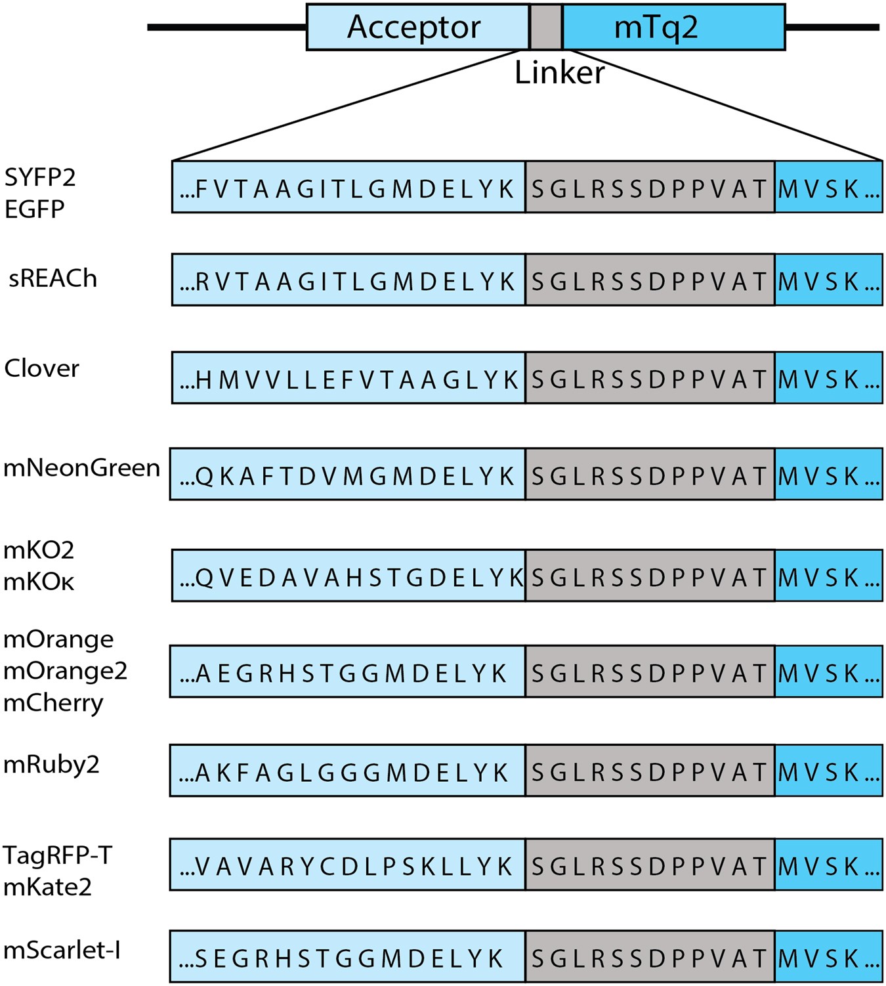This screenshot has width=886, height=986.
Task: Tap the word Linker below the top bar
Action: tap(559, 72)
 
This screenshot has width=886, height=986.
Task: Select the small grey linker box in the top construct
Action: tap(545, 28)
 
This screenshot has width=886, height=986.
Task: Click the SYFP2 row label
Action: tap(40, 177)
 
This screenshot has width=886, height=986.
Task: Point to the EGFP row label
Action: tap(35, 209)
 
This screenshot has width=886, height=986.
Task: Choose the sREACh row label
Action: tap(53, 279)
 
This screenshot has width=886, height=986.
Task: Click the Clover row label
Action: tap(41, 368)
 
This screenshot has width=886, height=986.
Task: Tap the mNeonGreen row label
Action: tap(81, 468)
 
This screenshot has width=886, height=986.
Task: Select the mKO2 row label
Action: tap(39, 550)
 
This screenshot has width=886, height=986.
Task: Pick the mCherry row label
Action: tap(53, 703)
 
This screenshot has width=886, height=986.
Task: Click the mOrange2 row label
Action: tap(65, 671)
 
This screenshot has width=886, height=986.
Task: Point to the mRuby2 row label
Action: tap(51, 765)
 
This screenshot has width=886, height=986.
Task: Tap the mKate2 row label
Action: tap(47, 888)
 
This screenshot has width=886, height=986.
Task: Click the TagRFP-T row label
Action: tap(58, 855)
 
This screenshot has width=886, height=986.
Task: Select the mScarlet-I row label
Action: tap(62, 951)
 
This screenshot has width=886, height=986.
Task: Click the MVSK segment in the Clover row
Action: tap(828, 379)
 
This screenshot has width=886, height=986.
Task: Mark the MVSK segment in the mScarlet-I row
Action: tap(828, 958)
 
